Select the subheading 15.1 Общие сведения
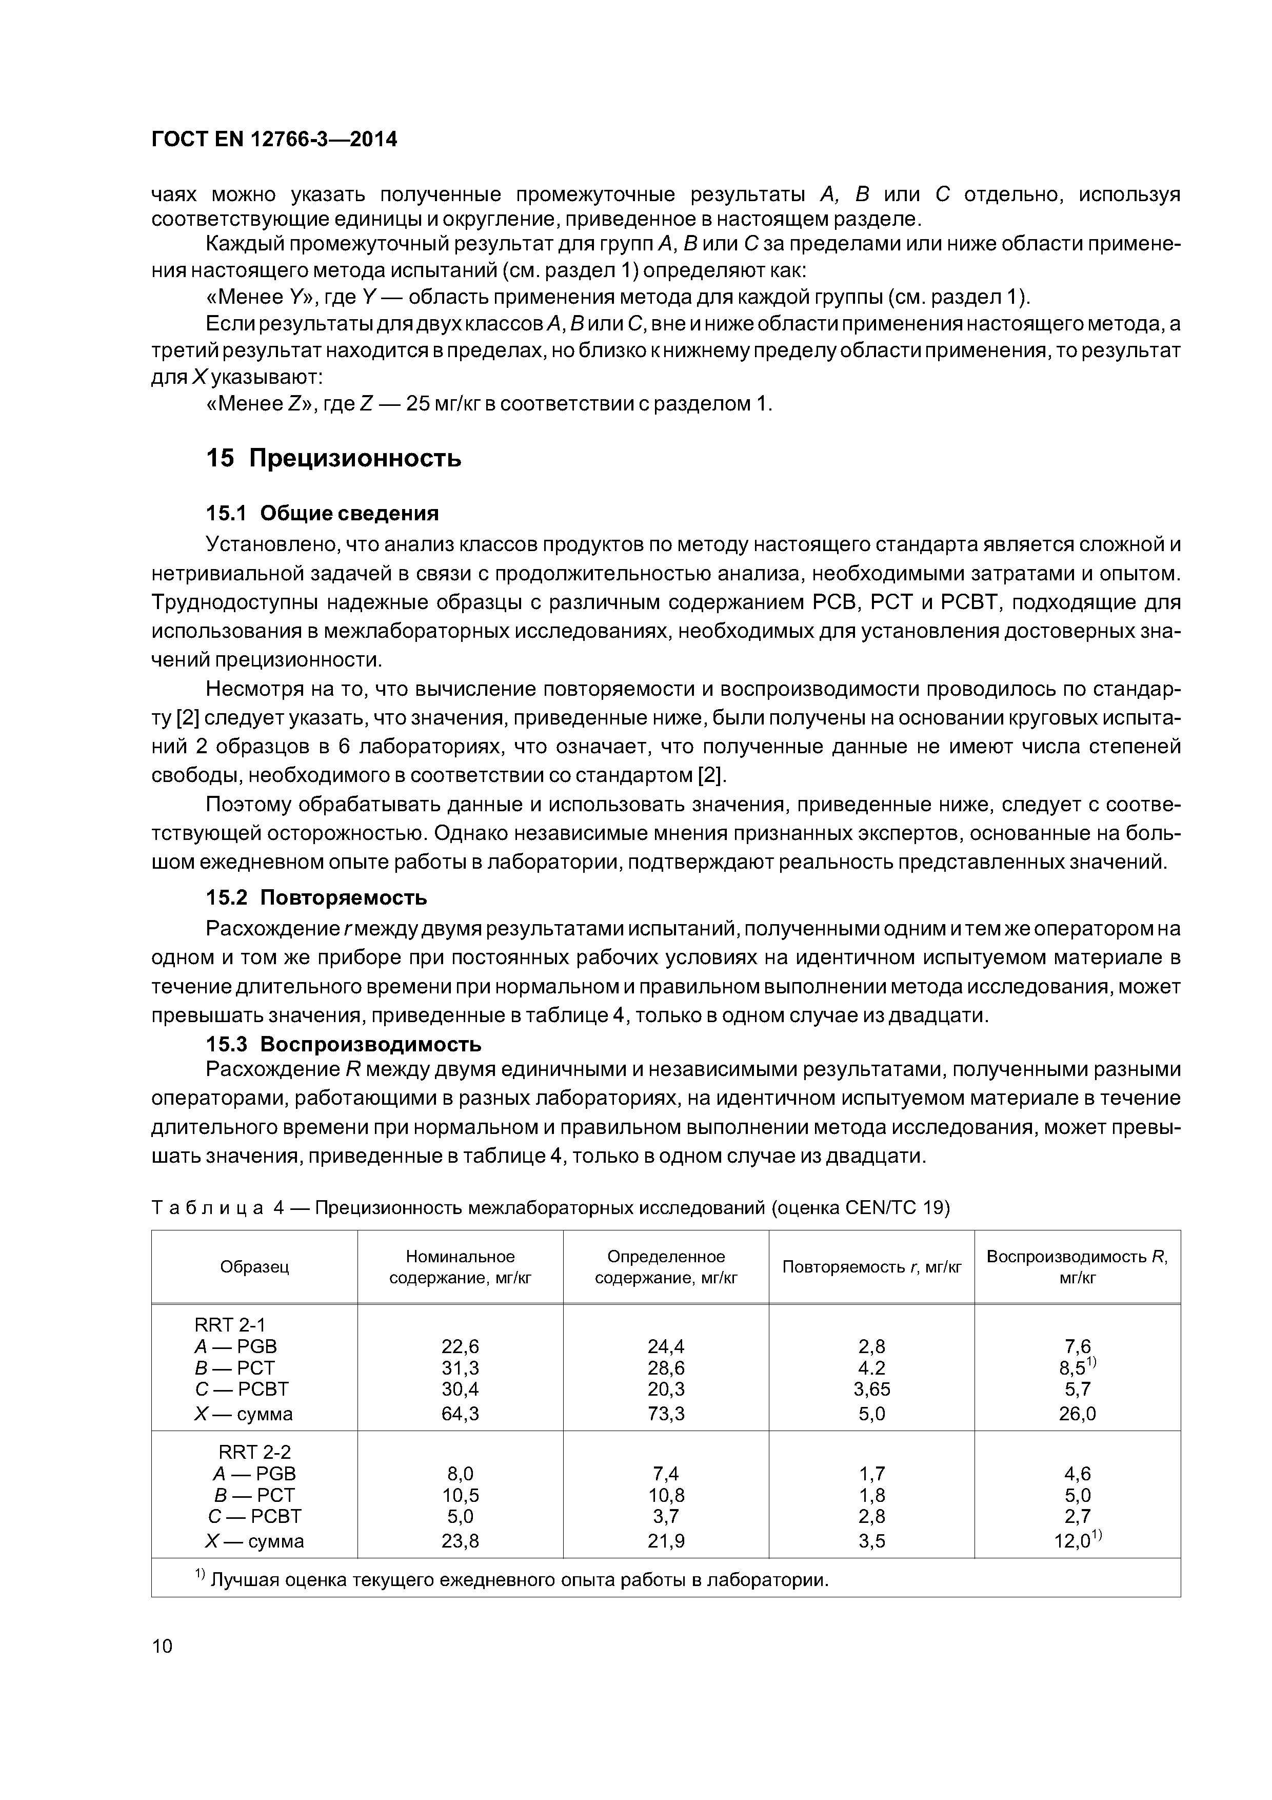tap(322, 514)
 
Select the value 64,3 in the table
tap(460, 1414)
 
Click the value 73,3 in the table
tap(665, 1414)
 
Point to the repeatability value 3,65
tap(871, 1388)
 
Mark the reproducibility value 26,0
tap(1077, 1414)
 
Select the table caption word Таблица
tap(208, 1208)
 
